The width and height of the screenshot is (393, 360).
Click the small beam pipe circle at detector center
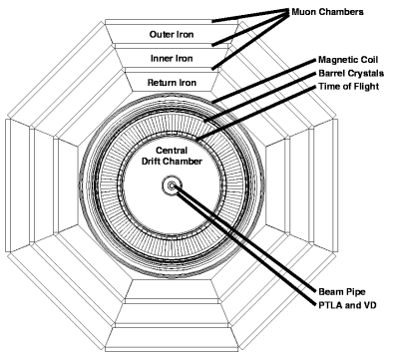[174, 184]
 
